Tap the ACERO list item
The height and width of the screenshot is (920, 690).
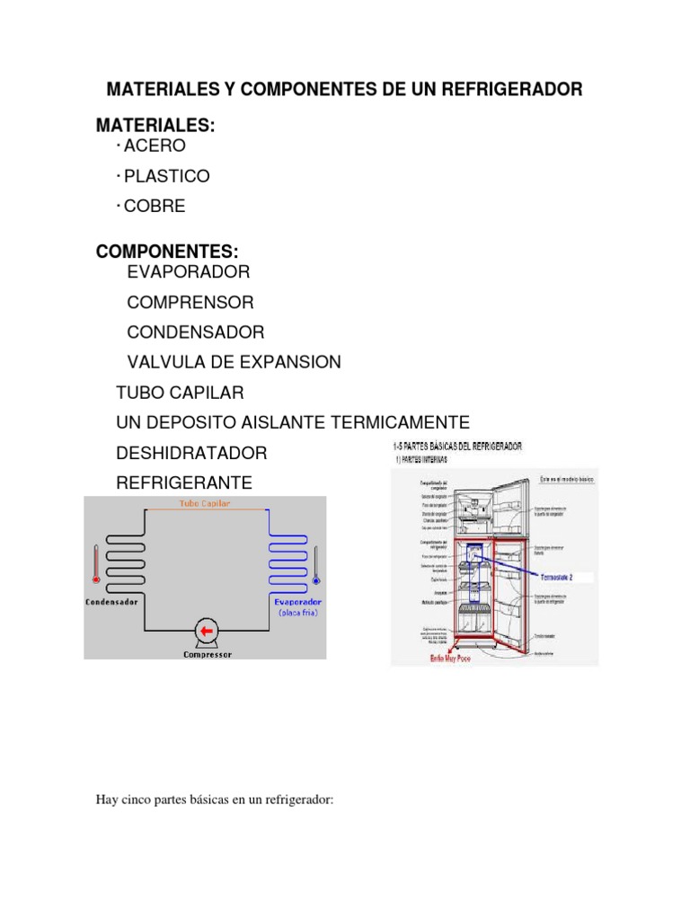tap(155, 146)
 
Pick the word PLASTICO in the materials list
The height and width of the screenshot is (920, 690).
tap(166, 176)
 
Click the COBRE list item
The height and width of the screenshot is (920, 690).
tap(155, 207)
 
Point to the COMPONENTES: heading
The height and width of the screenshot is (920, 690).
tap(168, 252)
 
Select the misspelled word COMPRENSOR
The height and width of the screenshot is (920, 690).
tap(190, 302)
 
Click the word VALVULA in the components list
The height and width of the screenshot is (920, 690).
tap(167, 362)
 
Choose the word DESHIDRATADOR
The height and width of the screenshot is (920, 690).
tap(192, 453)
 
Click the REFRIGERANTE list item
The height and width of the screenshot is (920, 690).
tap(185, 483)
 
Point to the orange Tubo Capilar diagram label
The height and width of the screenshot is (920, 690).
tap(205, 504)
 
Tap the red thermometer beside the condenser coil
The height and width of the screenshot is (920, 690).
tap(95, 564)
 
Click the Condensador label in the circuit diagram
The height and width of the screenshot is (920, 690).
tap(111, 602)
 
